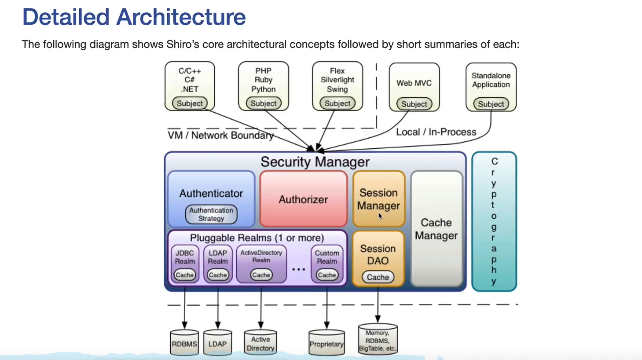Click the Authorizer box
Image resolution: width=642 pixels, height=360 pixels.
click(x=303, y=199)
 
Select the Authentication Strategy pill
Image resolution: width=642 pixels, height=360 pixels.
click(x=211, y=214)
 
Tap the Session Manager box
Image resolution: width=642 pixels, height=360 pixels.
click(x=378, y=199)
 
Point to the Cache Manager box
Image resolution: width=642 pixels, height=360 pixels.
click(x=436, y=229)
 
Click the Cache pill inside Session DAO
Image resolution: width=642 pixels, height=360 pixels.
click(x=378, y=277)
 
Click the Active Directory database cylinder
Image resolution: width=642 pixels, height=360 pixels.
click(x=260, y=343)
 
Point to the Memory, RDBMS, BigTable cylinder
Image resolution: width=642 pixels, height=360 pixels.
click(x=378, y=340)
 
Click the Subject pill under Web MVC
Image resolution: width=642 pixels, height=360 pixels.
click(x=414, y=104)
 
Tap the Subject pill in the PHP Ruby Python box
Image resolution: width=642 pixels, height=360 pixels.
click(x=264, y=103)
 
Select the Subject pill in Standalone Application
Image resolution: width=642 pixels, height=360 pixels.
click(x=491, y=104)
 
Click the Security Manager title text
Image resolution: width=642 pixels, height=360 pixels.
click(x=315, y=162)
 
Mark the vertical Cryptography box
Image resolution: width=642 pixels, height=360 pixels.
click(x=494, y=221)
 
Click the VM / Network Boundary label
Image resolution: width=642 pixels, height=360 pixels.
click(x=220, y=135)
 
